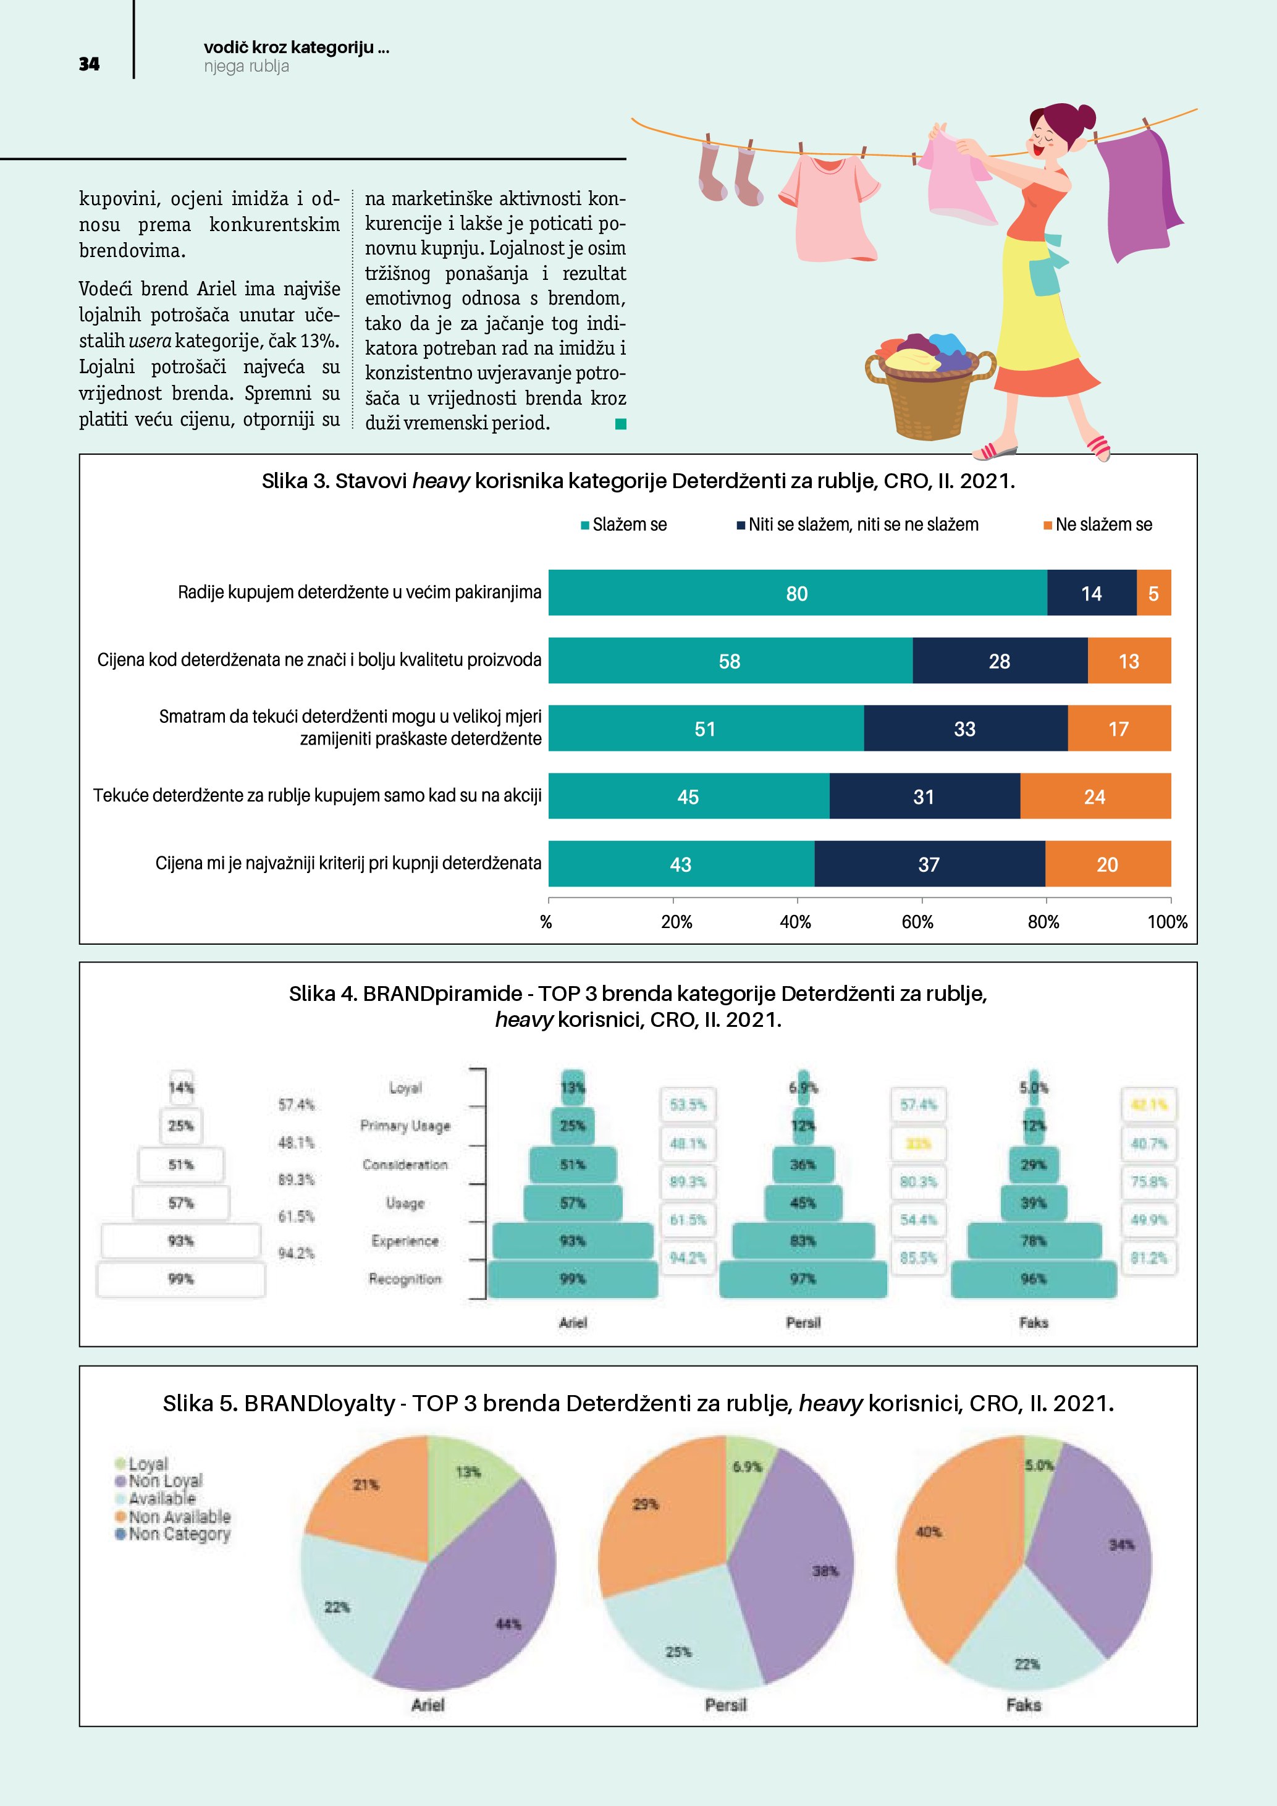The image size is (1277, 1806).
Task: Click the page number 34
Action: [x=89, y=64]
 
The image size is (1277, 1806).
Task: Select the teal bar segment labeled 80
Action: [x=796, y=593]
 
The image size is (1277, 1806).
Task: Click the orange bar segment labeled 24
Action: [x=1095, y=797]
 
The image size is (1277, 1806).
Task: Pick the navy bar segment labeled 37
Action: [x=929, y=864]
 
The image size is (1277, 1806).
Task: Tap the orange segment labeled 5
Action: [x=1153, y=593]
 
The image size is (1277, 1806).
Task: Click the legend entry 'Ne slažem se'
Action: [x=1102, y=525]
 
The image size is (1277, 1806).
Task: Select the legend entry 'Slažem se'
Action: [x=628, y=525]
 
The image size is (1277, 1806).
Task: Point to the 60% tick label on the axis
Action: [x=917, y=922]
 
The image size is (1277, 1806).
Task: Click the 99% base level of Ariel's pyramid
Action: [x=573, y=1279]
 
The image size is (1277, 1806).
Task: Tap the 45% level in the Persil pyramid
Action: [x=803, y=1203]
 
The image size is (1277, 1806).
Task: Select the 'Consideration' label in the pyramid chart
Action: [x=405, y=1164]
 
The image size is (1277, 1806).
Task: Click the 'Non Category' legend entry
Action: [x=179, y=1534]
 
